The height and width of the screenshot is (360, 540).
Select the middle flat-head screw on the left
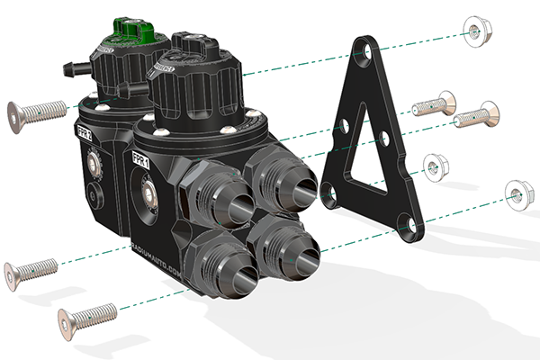32,269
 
